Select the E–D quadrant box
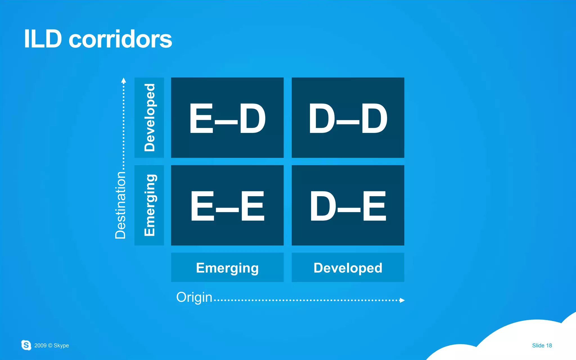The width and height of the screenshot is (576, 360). [x=227, y=117]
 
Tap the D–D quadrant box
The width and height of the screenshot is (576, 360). [x=348, y=117]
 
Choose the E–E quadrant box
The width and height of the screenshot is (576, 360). [x=227, y=205]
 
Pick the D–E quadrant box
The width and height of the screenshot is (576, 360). [x=348, y=205]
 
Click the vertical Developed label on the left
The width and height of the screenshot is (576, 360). [x=149, y=117]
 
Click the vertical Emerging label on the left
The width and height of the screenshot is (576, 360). [x=149, y=205]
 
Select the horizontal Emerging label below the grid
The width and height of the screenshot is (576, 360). [x=227, y=268]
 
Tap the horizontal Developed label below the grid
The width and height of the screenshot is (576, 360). [x=348, y=268]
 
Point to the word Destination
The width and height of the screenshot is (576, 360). [x=120, y=205]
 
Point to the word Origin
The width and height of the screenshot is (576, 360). [x=194, y=297]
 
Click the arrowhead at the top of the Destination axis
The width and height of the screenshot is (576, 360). [x=123, y=81]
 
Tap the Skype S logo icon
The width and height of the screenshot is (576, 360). [x=26, y=345]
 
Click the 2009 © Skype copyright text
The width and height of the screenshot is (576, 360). [x=51, y=345]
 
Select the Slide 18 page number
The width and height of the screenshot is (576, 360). [x=542, y=345]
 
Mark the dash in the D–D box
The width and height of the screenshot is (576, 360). [x=348, y=122]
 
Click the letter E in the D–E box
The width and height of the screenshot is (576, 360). [x=374, y=206]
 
